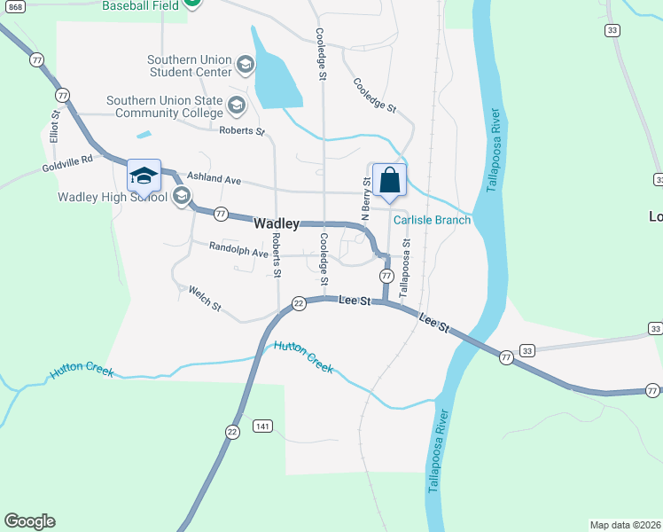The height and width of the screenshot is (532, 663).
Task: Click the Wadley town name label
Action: tap(276, 224)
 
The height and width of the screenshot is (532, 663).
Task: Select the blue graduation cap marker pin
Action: tap(144, 176)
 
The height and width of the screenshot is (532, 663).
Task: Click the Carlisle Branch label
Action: tap(432, 220)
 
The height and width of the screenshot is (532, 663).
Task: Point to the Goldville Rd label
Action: tap(66, 165)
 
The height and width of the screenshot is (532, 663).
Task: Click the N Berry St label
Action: tap(364, 199)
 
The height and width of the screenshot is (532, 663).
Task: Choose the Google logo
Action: tap(29, 521)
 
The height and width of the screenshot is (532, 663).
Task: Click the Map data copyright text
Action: tap(626, 525)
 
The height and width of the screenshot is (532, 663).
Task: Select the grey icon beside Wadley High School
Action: tap(182, 196)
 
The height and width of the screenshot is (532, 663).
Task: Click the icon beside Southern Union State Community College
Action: tap(236, 107)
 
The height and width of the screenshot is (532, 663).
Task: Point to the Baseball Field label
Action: tap(141, 5)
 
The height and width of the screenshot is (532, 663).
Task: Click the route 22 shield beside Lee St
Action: tap(300, 303)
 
